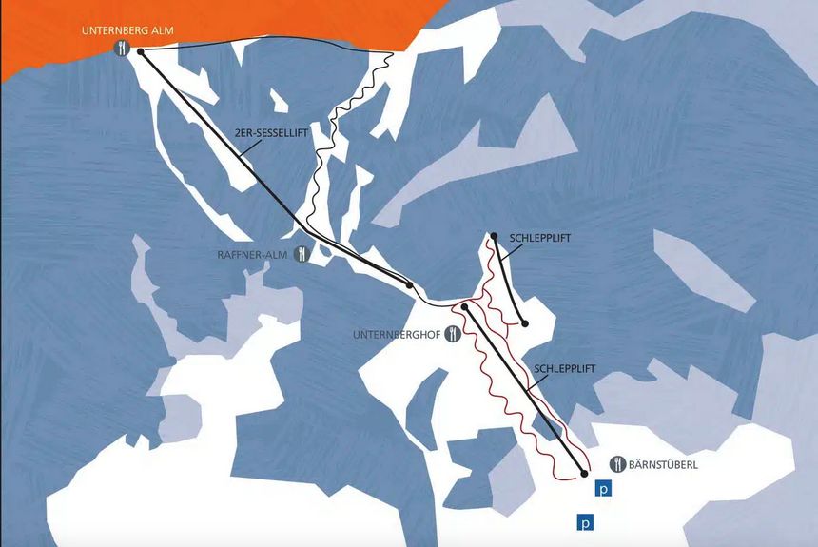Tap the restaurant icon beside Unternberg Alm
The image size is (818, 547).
coord(122,48)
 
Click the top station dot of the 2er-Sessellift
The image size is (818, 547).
coord(141,52)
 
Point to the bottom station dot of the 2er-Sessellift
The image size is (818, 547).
coord(409,284)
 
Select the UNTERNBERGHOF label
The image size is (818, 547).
coord(397,334)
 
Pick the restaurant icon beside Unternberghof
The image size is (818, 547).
coord(455,334)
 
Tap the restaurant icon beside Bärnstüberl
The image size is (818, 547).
coord(617,463)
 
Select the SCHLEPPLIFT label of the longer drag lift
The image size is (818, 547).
coord(567,365)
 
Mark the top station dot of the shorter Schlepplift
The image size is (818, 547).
coord(495,235)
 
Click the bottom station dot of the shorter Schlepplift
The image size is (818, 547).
coord(524,323)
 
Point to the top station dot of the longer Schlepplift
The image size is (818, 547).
coord(465,307)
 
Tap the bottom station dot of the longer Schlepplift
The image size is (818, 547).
coord(584,473)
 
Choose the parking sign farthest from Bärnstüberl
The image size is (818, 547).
coord(585,522)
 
